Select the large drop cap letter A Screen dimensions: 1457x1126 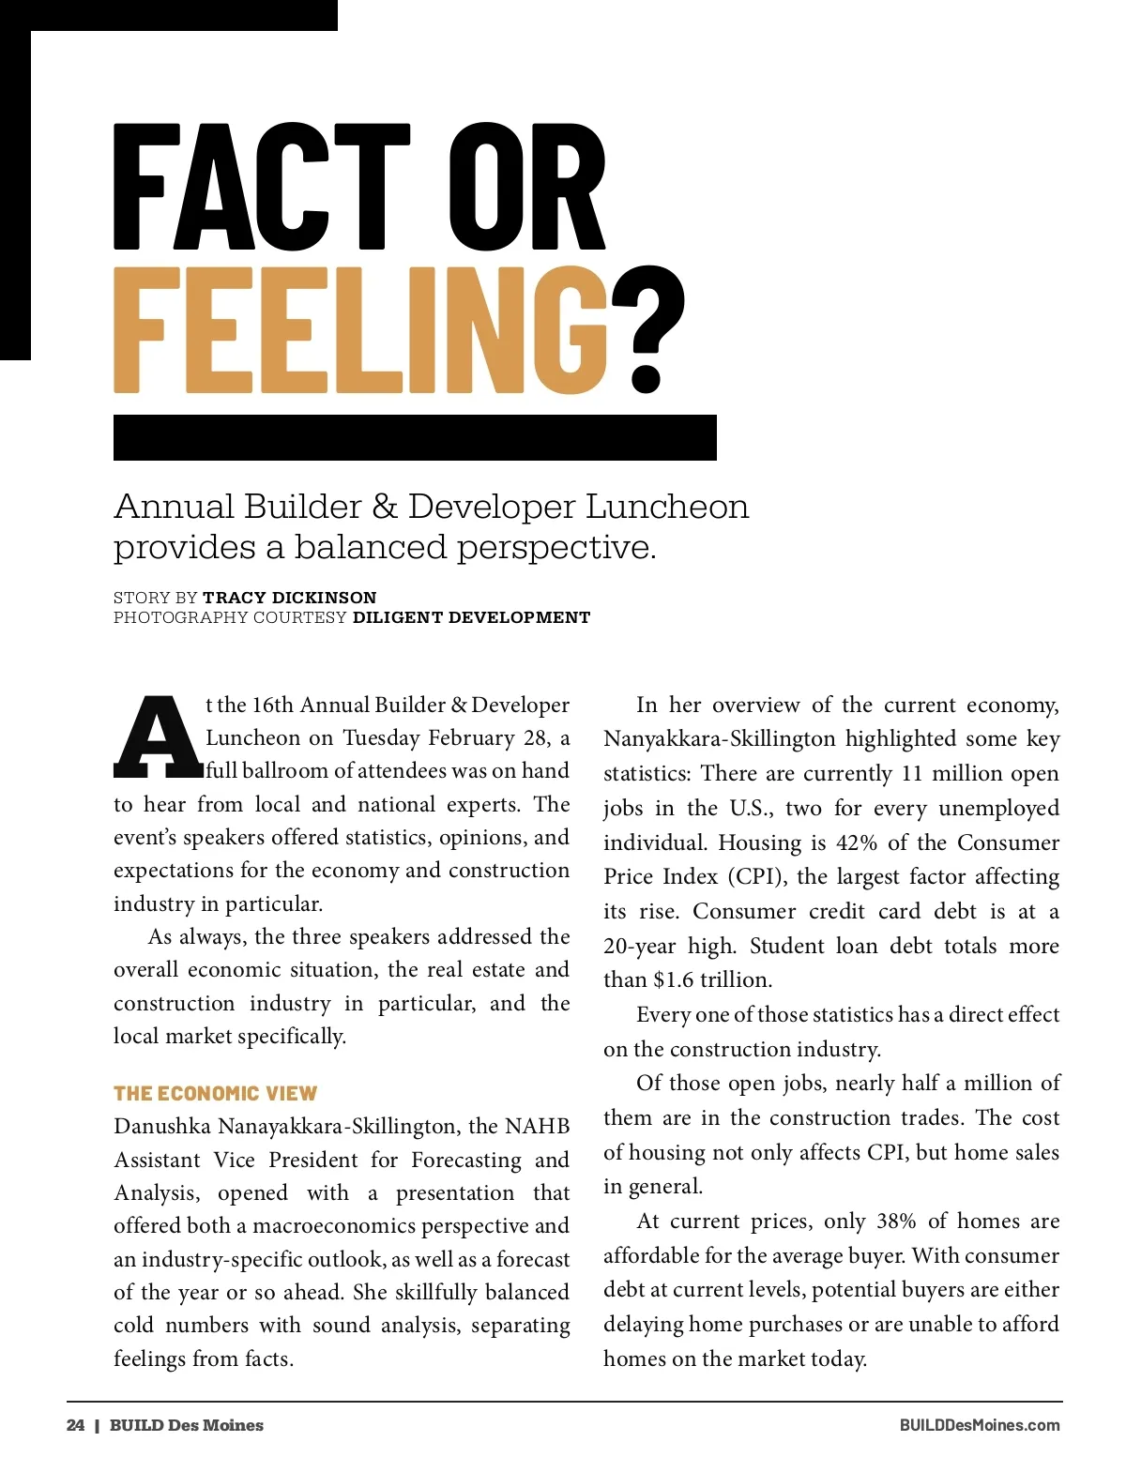[157, 738]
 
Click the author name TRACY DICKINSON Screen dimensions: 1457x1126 [289, 598]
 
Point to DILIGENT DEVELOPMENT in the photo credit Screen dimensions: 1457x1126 [471, 617]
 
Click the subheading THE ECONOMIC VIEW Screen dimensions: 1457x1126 [215, 1093]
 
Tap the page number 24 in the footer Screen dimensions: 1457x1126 [75, 1425]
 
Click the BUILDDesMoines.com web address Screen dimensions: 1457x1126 [980, 1425]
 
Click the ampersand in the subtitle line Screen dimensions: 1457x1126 [385, 507]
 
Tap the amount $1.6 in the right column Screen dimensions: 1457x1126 [674, 980]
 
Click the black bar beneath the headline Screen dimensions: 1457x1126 [415, 437]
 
